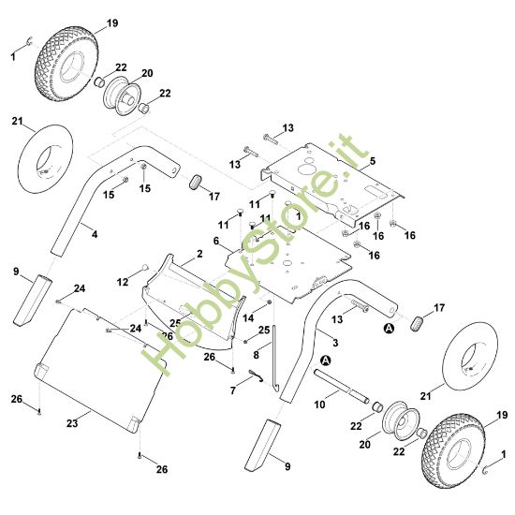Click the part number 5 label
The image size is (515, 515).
[x=372, y=161]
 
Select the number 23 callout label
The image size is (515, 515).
[x=72, y=423]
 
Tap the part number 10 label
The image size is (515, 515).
[x=319, y=405]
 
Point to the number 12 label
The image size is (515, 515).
[x=123, y=282]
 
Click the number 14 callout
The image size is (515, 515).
[x=248, y=317]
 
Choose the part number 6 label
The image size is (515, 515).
[x=215, y=241]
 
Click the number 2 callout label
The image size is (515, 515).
[x=199, y=254]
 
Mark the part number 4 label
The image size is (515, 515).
[x=95, y=234]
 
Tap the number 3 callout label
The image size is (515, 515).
[x=335, y=343]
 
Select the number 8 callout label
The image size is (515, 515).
[x=257, y=355]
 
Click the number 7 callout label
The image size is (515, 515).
[x=233, y=390]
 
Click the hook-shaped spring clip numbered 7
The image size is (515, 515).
[x=257, y=375]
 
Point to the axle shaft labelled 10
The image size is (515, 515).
[x=342, y=386]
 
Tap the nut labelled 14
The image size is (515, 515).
[x=269, y=302]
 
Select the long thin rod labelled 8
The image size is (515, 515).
[x=275, y=357]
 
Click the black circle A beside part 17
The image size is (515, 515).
[x=389, y=328]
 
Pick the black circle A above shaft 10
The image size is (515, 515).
[x=326, y=360]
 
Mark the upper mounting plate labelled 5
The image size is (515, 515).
[x=331, y=184]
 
